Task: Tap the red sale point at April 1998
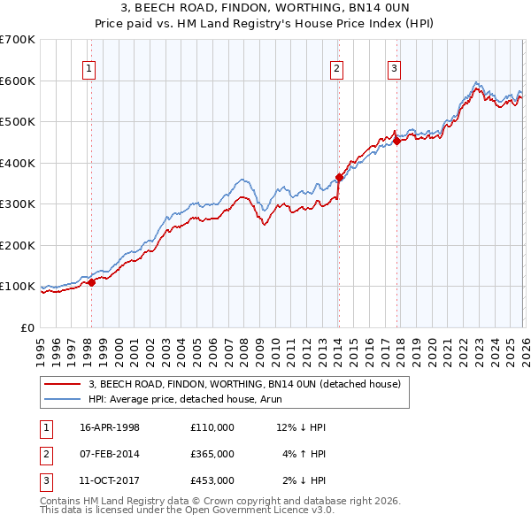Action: [x=91, y=282]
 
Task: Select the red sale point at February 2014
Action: [x=339, y=178]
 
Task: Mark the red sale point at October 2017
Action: [x=397, y=141]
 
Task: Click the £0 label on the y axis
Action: [x=27, y=327]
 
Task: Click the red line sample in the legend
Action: [x=62, y=384]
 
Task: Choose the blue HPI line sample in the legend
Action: [x=62, y=399]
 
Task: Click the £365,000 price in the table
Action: [x=212, y=454]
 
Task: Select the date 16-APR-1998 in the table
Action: [x=110, y=427]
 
